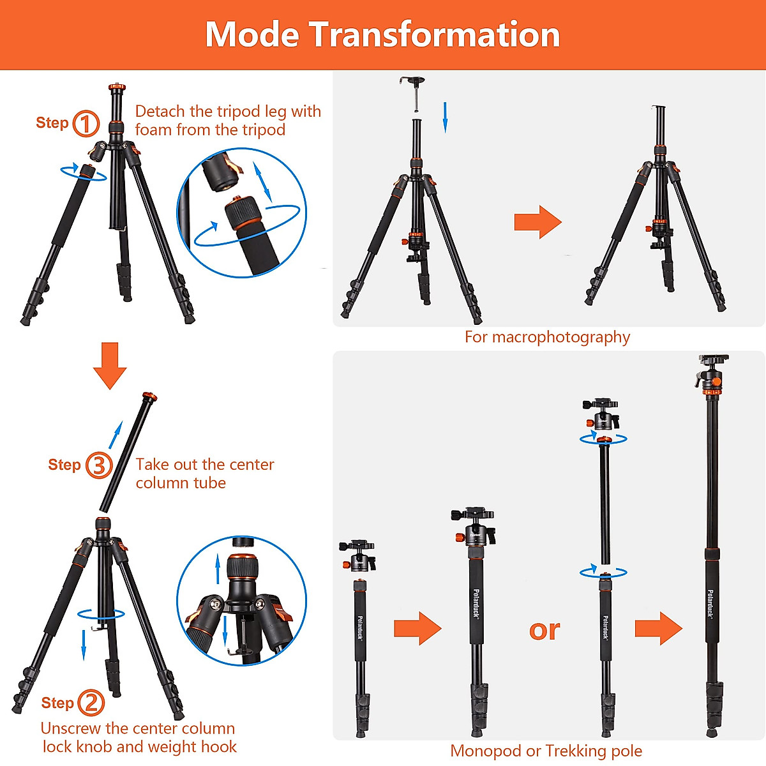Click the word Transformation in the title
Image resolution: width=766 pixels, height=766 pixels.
click(435, 34)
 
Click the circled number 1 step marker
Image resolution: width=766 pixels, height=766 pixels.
click(86, 123)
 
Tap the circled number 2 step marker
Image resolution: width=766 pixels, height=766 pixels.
click(91, 703)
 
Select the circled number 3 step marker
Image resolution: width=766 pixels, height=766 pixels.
click(98, 465)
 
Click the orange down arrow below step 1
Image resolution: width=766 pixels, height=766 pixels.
click(110, 365)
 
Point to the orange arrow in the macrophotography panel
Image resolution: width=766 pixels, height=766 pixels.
click(537, 222)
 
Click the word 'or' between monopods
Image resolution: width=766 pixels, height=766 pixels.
click(544, 630)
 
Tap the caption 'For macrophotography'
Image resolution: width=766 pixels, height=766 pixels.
click(547, 337)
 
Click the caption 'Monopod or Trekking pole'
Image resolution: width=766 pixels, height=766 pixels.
click(546, 751)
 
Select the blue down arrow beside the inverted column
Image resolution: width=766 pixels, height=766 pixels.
click(446, 117)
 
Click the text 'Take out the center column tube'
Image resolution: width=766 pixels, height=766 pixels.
click(204, 474)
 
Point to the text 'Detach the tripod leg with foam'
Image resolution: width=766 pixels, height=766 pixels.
click(228, 120)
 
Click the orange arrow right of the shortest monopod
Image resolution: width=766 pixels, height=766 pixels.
click(417, 628)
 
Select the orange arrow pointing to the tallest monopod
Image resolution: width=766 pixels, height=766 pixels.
click(658, 628)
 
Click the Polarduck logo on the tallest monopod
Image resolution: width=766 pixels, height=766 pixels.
click(710, 603)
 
